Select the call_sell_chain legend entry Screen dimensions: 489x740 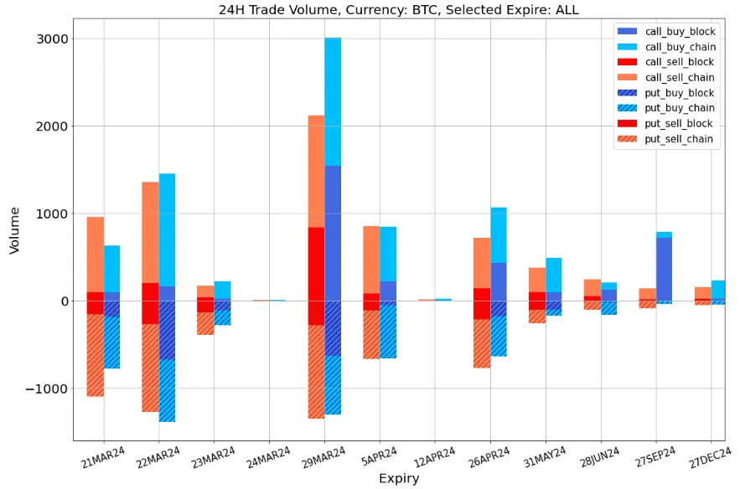point(678,78)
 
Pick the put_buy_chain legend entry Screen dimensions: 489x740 point(678,108)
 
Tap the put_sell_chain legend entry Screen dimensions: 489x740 point(678,139)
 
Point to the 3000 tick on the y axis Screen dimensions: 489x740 point(54,39)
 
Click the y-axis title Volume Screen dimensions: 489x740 point(14,230)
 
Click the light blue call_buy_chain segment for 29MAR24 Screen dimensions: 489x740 point(333,101)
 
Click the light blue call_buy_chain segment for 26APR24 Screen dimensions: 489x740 point(499,234)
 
